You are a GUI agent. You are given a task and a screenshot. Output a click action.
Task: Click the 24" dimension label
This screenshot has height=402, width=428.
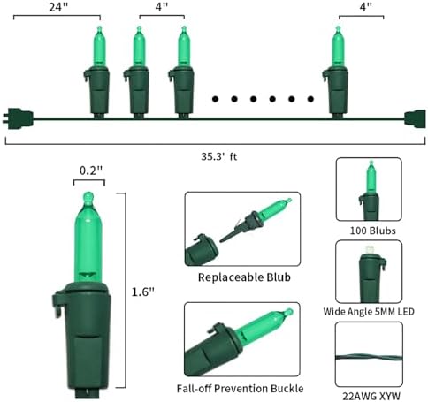[x=58, y=6]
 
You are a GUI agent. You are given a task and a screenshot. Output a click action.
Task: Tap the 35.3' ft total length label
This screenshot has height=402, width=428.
[x=219, y=156]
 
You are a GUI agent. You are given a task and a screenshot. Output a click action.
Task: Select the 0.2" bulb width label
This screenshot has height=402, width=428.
[x=91, y=171]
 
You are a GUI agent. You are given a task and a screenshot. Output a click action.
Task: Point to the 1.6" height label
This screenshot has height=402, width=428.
[x=143, y=292]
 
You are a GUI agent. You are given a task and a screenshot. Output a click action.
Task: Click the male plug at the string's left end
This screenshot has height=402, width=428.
[x=18, y=118]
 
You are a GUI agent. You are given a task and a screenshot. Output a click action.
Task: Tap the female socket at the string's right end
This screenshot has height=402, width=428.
[x=415, y=119]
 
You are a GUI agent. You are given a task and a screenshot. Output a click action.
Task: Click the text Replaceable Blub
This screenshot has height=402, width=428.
[x=244, y=277]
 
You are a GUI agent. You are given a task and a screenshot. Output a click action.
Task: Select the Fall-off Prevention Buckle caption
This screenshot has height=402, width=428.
[x=240, y=389]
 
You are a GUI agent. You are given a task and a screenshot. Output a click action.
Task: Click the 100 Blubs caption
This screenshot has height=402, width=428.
[x=372, y=231]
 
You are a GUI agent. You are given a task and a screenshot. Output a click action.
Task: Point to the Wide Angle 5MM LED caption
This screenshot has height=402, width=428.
[x=369, y=311]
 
